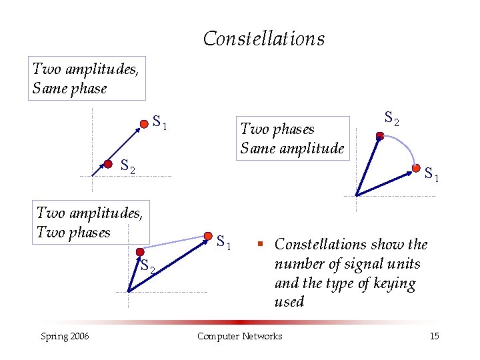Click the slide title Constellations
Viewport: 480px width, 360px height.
click(264, 39)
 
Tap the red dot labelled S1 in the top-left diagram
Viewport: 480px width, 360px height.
click(143, 124)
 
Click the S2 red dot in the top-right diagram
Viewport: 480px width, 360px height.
click(379, 136)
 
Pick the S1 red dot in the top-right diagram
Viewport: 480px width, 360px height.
click(417, 168)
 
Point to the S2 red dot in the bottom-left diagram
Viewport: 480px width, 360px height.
click(139, 253)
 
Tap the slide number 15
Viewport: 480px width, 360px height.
click(434, 336)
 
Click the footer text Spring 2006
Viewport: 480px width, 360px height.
click(65, 336)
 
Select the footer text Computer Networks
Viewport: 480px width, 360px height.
click(240, 336)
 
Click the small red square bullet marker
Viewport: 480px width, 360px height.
click(263, 245)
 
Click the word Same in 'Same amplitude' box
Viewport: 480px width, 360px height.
click(255, 147)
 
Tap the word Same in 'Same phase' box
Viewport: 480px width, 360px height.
click(47, 88)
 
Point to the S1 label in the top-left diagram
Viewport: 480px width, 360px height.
click(159, 122)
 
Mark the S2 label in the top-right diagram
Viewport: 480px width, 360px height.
click(392, 119)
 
